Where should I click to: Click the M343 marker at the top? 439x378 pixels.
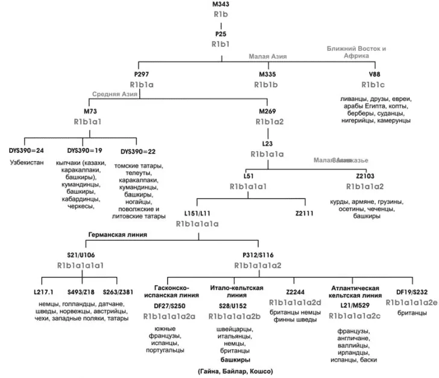click(220, 4)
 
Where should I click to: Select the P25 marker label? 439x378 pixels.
click(220, 34)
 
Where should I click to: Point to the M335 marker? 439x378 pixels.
click(268, 74)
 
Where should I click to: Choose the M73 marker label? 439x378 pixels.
click(91, 112)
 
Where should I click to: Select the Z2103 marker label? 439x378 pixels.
click(365, 176)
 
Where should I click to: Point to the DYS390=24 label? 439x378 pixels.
click(27, 150)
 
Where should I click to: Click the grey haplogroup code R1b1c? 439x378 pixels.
click(374, 84)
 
